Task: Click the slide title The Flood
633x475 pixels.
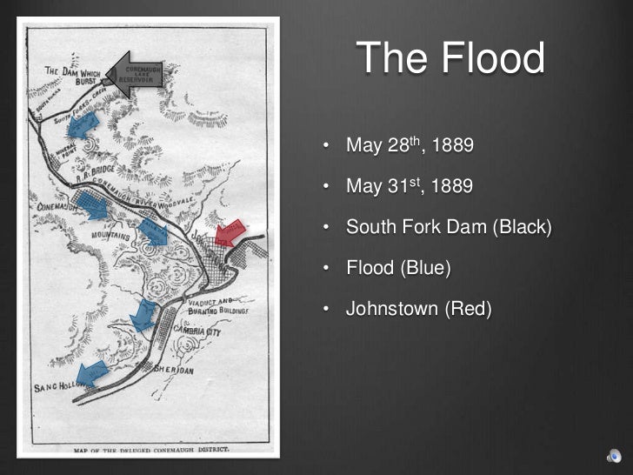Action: coord(450,59)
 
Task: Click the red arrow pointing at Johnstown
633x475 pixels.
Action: coord(229,232)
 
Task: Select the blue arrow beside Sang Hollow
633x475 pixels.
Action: coord(93,372)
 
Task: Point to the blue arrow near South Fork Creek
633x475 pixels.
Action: coord(83,125)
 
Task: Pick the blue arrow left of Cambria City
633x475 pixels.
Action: coord(145,315)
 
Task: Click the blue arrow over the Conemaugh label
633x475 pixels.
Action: coord(90,205)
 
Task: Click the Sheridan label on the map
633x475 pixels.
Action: coord(173,370)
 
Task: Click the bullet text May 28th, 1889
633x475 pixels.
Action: coord(410,144)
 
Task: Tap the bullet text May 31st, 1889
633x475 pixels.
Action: coord(410,185)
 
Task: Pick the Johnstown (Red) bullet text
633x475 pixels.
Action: coord(418,308)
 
